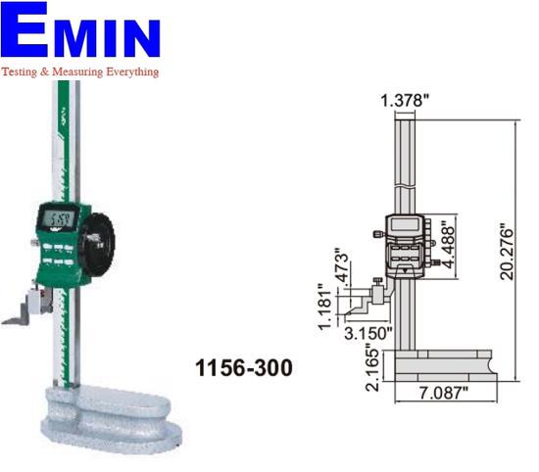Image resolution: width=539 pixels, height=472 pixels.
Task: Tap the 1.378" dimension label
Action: point(407,99)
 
